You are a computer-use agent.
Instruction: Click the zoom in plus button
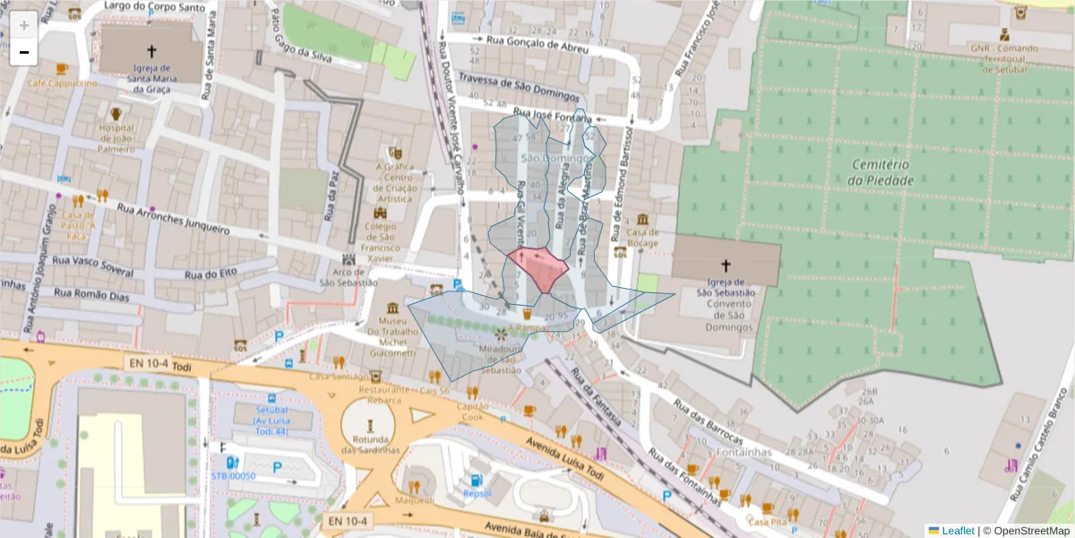(x=24, y=26)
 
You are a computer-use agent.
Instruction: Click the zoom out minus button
(x=24, y=53)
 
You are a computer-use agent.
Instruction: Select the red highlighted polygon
(x=538, y=268)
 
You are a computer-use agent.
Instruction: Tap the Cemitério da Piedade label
(x=882, y=172)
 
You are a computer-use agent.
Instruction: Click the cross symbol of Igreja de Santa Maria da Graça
(x=151, y=52)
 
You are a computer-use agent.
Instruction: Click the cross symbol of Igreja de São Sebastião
(x=726, y=265)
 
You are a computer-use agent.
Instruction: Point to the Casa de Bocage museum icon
(x=643, y=221)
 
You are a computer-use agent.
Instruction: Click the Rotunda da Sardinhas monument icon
(x=371, y=422)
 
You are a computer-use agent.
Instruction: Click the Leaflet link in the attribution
(x=958, y=531)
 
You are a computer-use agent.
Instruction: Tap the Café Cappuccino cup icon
(x=61, y=69)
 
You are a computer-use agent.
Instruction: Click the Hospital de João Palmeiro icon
(x=116, y=114)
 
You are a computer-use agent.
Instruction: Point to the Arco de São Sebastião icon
(x=348, y=259)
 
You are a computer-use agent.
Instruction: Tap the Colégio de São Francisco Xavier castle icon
(x=388, y=213)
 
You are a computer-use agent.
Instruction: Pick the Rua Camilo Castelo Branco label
(x=1041, y=448)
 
